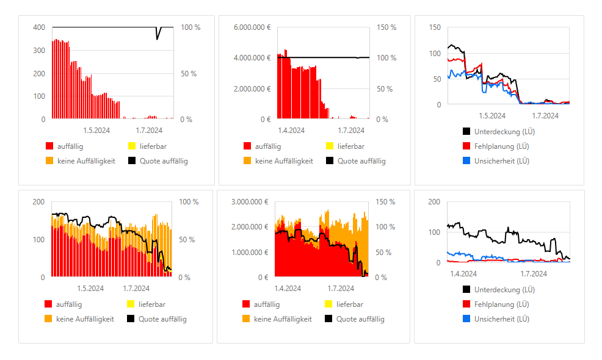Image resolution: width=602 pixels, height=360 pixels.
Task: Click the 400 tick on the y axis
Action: click(x=39, y=27)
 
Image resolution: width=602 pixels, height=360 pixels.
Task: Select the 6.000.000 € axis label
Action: click(x=253, y=27)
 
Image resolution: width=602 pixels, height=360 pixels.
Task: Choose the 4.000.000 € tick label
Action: click(x=253, y=58)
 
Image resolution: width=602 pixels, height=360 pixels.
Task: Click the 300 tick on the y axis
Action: click(x=39, y=51)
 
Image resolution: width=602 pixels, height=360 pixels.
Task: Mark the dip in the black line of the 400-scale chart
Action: click(x=158, y=38)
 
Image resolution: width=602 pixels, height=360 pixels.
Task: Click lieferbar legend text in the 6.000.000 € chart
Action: click(x=351, y=146)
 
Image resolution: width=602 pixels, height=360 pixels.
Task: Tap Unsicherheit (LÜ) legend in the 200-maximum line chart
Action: click(x=501, y=319)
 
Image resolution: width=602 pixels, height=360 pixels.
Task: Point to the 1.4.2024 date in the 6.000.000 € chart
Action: click(x=291, y=130)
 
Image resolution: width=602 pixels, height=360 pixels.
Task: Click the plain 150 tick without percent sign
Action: click(x=435, y=27)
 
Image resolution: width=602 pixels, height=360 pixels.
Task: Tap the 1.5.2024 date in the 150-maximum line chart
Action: click(x=491, y=115)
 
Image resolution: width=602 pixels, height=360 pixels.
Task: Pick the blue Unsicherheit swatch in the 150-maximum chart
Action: click(x=466, y=161)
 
